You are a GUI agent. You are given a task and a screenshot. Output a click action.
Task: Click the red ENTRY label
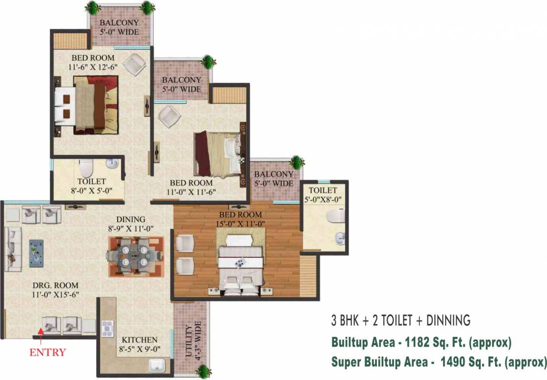coord(47,352)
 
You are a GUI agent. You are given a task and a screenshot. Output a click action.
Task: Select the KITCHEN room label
coord(139,340)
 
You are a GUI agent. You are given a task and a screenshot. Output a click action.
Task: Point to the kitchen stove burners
coord(108,329)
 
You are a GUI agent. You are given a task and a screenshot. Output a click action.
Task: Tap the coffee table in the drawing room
coord(36,253)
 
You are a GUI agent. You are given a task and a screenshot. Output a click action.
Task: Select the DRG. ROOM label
coord(55,285)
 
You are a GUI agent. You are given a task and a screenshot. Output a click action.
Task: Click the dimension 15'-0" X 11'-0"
coord(240,224)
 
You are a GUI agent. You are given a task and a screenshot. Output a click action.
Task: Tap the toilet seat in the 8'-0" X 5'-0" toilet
coord(86,169)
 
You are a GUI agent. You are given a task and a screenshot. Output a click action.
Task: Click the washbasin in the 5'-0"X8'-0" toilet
coord(340,238)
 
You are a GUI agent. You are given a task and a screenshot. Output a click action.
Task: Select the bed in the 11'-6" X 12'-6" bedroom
coord(87,105)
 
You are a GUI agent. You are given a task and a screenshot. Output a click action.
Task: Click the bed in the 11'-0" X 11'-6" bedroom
coord(219,153)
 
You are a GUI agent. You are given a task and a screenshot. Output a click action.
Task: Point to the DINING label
coord(131,220)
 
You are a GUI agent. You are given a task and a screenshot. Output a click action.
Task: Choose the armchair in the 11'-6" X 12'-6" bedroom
coord(135,64)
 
